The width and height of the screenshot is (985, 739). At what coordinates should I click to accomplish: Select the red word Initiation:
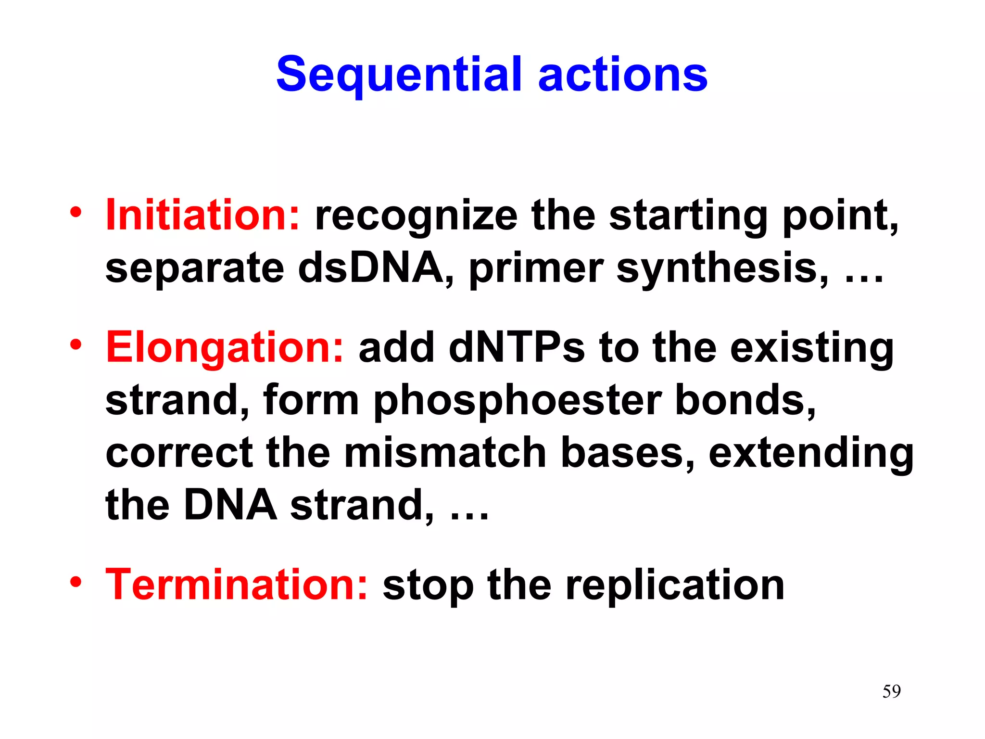pos(202,215)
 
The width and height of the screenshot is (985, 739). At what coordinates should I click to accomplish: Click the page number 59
pos(891,691)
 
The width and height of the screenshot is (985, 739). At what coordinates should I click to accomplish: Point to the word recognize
pos(416,217)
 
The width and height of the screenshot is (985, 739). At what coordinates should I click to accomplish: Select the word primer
pos(536,269)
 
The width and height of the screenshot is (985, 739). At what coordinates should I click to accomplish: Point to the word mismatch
pos(445,453)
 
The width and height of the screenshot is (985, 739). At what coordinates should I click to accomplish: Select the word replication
pos(675,586)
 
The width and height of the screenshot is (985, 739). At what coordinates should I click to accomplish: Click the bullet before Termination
pos(76,582)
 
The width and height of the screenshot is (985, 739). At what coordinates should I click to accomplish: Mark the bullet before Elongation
pos(76,344)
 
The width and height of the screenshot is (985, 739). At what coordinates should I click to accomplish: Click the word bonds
pos(745,400)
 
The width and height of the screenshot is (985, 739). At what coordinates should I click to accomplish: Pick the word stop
pos(428,586)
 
